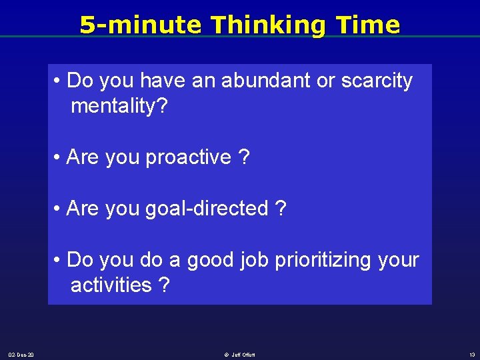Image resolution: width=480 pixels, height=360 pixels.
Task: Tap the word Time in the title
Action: tap(369, 25)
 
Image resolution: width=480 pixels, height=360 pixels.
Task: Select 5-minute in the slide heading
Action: tap(140, 25)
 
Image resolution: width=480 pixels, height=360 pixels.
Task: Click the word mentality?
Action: tap(119, 106)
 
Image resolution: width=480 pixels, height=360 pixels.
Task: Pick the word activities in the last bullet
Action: tap(111, 285)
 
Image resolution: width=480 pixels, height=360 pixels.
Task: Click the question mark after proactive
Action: tap(244, 157)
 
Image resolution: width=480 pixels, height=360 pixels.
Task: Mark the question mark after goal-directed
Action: tap(281, 209)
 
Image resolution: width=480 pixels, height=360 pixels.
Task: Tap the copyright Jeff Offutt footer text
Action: tap(239, 355)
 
